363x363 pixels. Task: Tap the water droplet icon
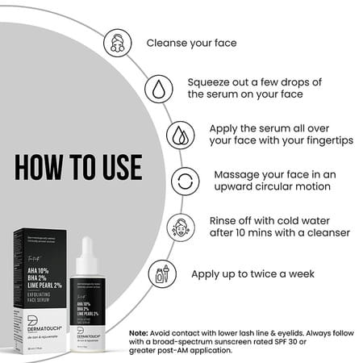[157, 87]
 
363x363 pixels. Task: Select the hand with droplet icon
[180, 134]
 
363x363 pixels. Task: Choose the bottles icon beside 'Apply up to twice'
[158, 273]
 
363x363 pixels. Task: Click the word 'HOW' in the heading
[41, 167]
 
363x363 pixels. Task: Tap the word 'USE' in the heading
[114, 167]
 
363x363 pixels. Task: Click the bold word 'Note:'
[142, 332]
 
